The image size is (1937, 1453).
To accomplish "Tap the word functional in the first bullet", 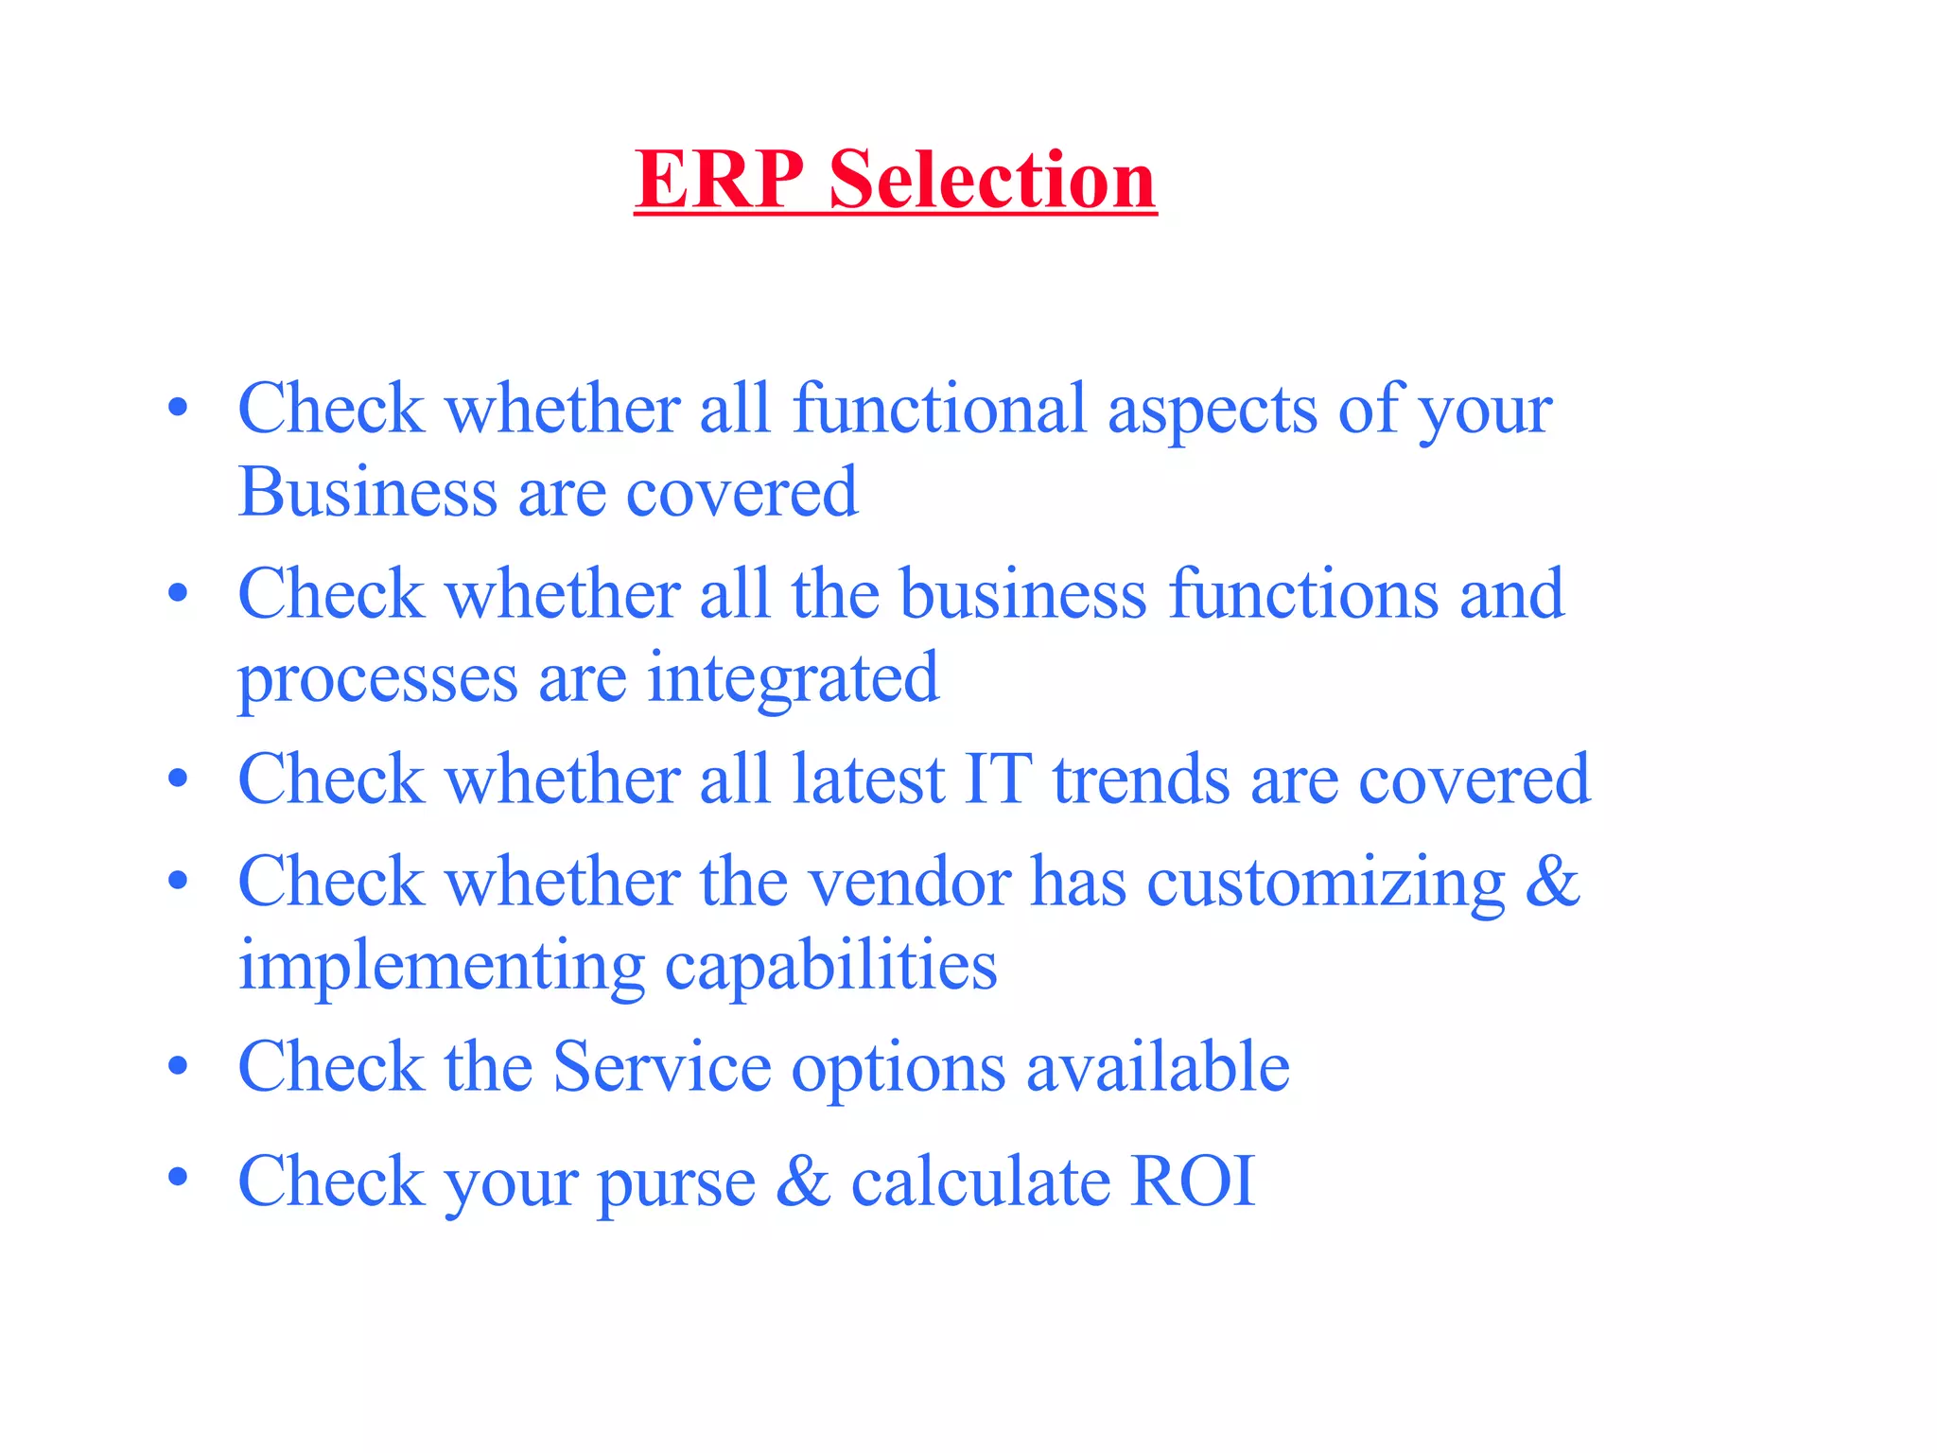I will pyautogui.click(x=939, y=409).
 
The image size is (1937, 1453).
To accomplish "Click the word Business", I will pyautogui.click(x=367, y=492).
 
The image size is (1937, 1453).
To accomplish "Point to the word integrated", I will pyautogui.click(x=793, y=679).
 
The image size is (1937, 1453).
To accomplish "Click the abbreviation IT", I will pyautogui.click(x=998, y=779).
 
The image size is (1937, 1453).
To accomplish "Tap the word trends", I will pyautogui.click(x=1141, y=779).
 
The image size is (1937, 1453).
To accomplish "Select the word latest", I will pyautogui.click(x=868, y=779).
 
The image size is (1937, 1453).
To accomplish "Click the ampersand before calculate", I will pyautogui.click(x=803, y=1181).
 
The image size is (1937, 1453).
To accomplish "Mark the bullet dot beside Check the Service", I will pyautogui.click(x=178, y=1066).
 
